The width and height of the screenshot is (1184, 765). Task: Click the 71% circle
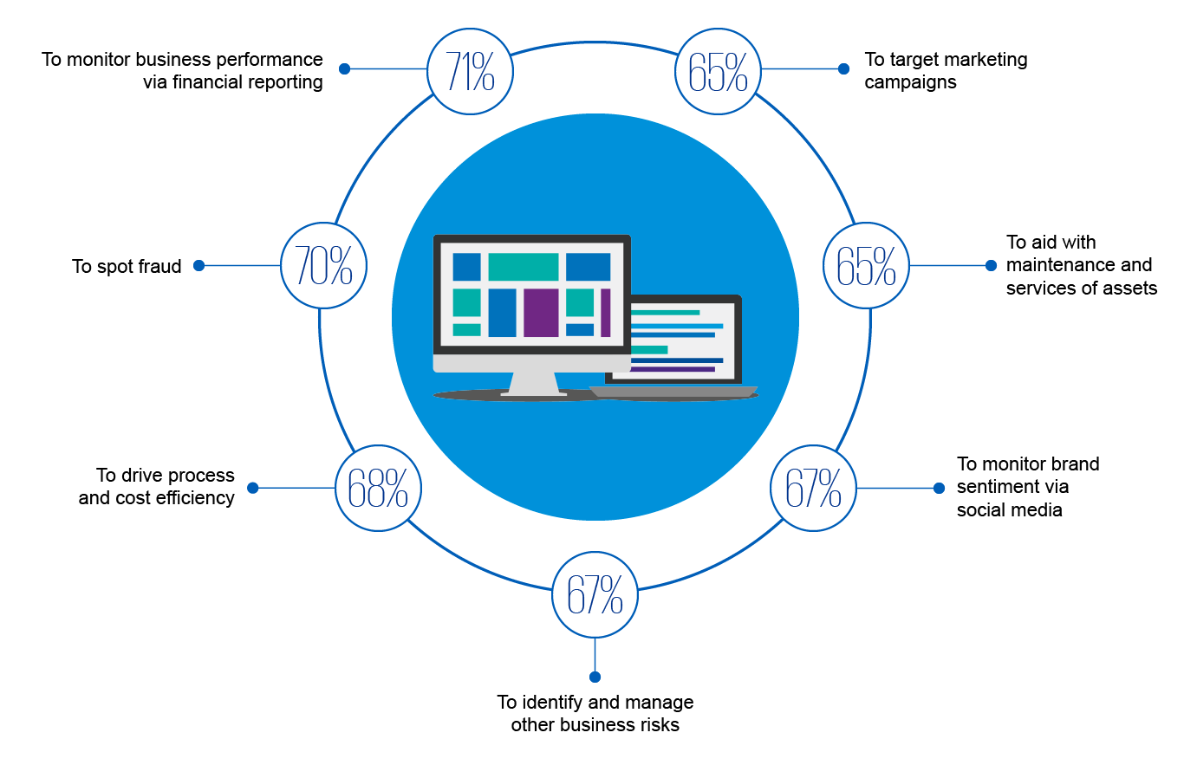coord(471,71)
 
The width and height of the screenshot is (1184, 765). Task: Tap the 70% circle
coord(323,265)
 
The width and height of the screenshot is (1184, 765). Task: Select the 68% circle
coord(378,488)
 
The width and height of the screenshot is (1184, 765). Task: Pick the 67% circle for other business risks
coord(595,593)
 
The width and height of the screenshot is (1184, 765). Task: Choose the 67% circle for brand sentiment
coord(813,488)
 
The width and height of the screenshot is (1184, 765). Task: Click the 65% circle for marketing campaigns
coord(718,71)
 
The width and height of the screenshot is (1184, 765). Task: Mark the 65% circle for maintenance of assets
coord(866,265)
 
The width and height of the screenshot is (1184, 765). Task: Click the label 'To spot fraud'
coord(127,267)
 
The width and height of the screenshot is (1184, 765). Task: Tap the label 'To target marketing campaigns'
coord(945,71)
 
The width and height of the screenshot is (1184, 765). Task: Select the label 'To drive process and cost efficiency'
coord(157,487)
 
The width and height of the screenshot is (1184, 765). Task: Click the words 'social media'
coord(1009,510)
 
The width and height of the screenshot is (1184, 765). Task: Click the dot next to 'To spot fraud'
coord(198,266)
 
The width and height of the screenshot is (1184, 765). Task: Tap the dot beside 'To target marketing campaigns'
coord(843,68)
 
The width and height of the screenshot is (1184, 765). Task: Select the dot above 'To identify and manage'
coord(595,677)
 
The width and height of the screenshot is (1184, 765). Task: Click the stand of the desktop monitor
coord(533,383)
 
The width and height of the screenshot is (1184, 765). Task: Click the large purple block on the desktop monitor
coord(541,313)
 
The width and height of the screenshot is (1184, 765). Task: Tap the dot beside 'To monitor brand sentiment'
coord(939,488)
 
